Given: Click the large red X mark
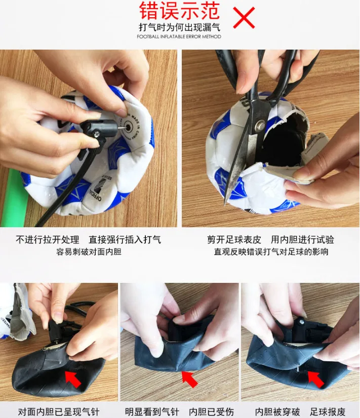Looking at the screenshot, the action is [244, 17].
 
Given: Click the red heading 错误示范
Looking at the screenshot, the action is [179, 11].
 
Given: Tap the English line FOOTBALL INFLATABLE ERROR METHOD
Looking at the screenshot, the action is [179, 36].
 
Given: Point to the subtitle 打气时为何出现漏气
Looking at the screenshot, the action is [179, 27].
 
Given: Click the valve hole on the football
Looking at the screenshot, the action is [129, 127].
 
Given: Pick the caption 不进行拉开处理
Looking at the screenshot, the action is [48, 240].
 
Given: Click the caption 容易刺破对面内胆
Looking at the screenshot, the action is [89, 252].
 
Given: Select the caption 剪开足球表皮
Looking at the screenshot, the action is [234, 240].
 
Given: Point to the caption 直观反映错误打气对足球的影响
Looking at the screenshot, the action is [271, 252].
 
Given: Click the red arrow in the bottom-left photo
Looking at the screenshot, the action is [73, 379].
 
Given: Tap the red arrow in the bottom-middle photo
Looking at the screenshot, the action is [189, 379].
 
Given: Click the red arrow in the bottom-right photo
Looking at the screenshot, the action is [316, 379].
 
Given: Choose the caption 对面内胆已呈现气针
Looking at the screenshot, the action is [59, 412].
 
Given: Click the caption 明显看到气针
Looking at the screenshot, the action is [152, 412].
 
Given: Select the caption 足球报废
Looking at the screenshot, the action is [328, 412].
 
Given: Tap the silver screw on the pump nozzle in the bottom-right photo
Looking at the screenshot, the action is [302, 322].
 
